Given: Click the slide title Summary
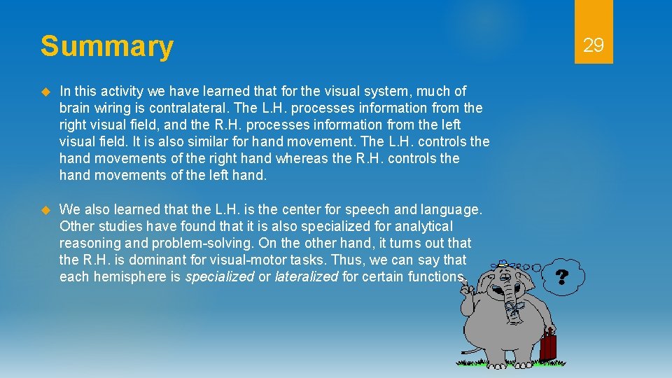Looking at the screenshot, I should [106, 46].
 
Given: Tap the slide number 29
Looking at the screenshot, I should [593, 46].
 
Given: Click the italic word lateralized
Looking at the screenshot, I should [306, 276].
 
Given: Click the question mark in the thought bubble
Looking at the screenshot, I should [561, 276].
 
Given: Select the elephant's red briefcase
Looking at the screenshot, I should [548, 346].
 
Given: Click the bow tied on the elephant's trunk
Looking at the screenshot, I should [516, 309].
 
